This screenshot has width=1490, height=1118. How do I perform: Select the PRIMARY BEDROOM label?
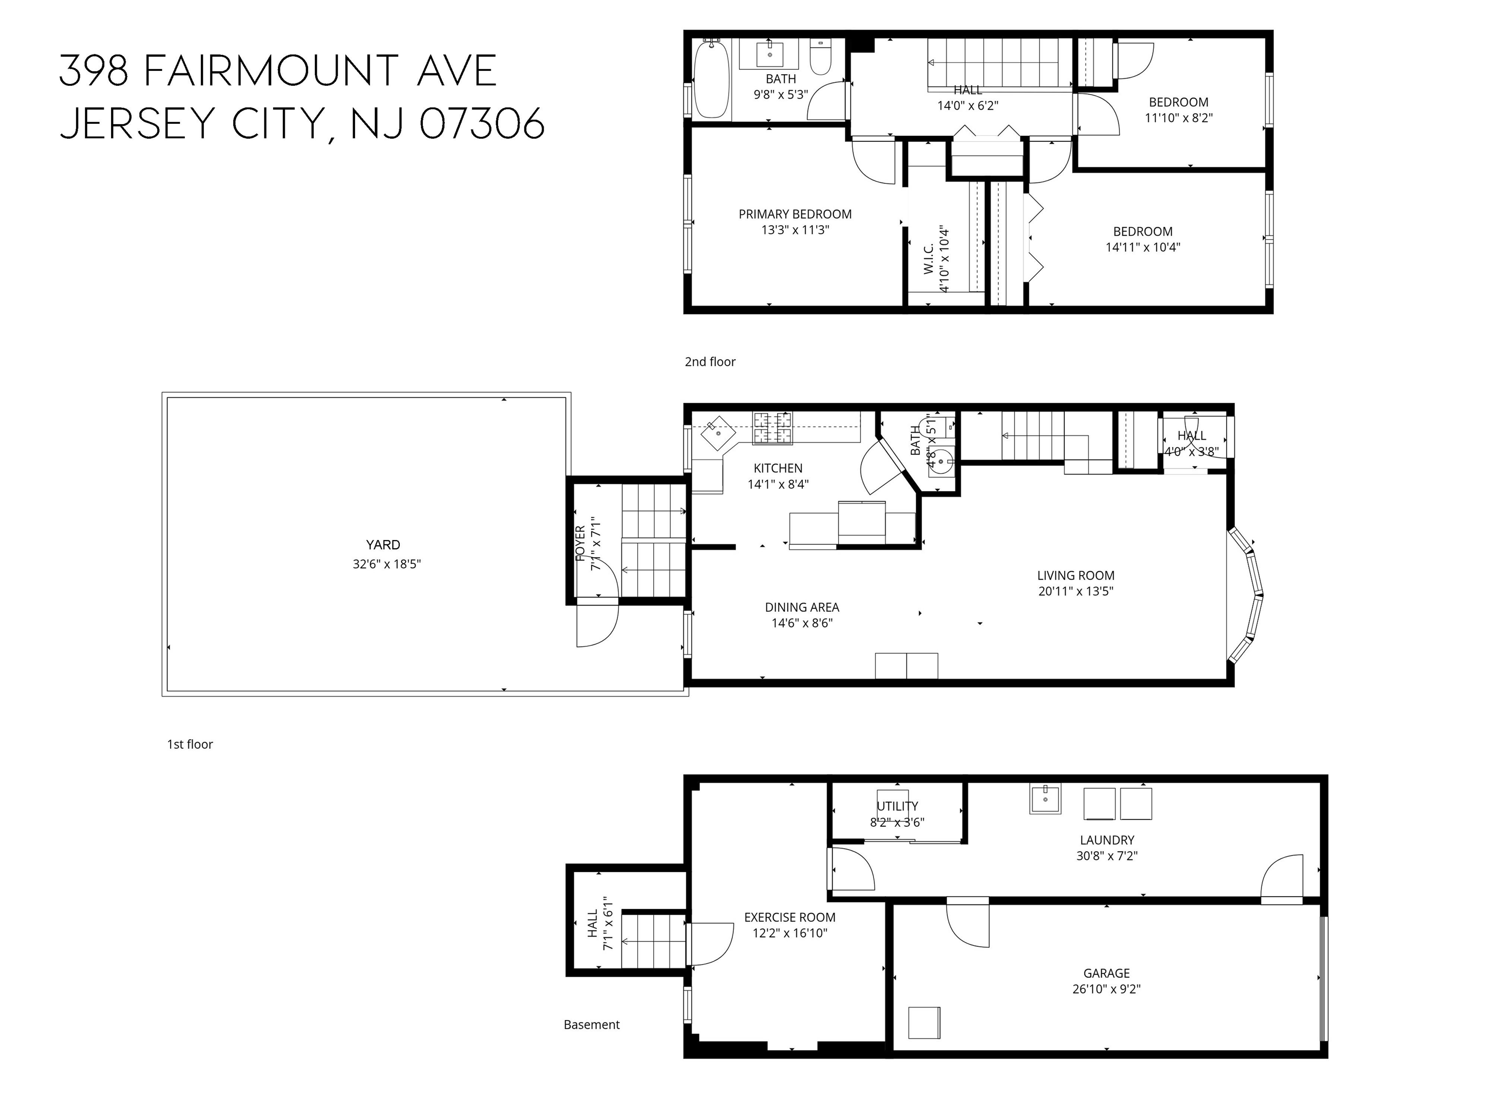(795, 214)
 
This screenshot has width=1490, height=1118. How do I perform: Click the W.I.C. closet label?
(928, 259)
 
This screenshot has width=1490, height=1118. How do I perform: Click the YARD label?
(383, 544)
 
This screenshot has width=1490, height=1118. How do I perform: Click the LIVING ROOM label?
(1075, 575)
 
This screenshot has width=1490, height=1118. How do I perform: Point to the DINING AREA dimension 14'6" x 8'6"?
(802, 624)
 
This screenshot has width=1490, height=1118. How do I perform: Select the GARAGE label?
(1106, 973)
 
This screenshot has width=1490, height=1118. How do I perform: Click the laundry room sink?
(1044, 799)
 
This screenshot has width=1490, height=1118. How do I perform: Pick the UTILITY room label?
(897, 806)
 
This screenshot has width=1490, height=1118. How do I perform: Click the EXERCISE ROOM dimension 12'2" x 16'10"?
(790, 933)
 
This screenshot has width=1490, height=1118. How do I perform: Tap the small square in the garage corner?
(923, 1022)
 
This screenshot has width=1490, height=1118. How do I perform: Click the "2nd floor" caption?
(710, 362)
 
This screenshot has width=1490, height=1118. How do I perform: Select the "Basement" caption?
(591, 1025)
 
